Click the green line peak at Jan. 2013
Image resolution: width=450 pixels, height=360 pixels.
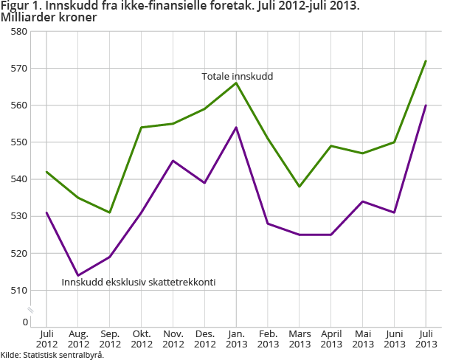click(x=236, y=83)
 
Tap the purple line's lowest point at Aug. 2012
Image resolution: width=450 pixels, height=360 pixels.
click(x=78, y=275)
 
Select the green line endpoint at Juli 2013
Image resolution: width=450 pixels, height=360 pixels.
click(x=426, y=60)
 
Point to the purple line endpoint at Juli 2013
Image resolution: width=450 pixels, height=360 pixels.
click(x=426, y=105)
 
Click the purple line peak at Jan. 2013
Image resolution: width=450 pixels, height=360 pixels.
click(x=236, y=127)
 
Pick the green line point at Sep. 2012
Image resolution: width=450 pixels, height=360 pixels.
click(x=110, y=212)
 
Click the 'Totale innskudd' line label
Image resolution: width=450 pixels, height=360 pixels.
click(x=238, y=76)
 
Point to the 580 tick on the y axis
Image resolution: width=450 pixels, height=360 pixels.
click(x=18, y=32)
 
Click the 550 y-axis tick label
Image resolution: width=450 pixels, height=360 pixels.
click(x=18, y=142)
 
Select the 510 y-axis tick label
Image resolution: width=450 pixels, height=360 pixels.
click(x=18, y=290)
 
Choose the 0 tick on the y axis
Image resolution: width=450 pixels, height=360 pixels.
click(x=24, y=322)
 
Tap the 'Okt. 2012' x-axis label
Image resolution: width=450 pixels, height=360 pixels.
click(x=142, y=339)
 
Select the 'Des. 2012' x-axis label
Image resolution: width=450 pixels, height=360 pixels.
click(x=204, y=339)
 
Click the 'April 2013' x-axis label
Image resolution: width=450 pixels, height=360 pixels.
click(x=331, y=339)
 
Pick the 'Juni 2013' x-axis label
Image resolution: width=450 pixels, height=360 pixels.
click(x=394, y=339)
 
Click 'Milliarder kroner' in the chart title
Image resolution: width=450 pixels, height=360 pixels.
click(x=48, y=17)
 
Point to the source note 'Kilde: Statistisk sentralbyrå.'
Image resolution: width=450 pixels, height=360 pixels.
click(x=52, y=355)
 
